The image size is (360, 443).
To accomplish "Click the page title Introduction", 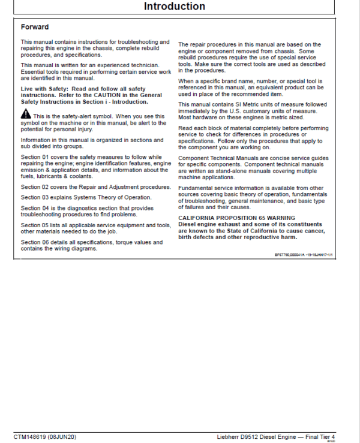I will tap(175, 7).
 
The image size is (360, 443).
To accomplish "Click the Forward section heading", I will tap(35, 27).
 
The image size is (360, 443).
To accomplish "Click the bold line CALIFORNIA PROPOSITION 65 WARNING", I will tap(236, 218).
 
